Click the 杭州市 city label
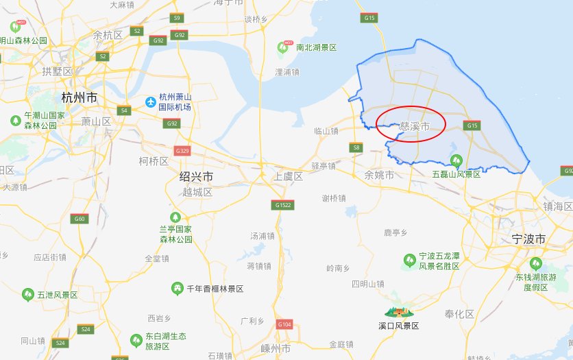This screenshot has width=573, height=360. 80,97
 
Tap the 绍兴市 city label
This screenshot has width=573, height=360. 196,177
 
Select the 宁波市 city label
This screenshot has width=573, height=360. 529,239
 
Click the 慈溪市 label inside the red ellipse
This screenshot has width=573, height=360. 414,127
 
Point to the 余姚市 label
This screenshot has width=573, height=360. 379,176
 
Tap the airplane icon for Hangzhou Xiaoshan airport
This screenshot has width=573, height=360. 150,102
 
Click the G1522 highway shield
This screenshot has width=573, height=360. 283,204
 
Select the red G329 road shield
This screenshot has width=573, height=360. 182,150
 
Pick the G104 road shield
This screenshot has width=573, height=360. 284,324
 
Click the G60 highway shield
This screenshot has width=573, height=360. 80,219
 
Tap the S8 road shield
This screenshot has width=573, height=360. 356,147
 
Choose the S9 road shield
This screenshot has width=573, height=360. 177,18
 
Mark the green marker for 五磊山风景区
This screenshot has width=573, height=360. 455,160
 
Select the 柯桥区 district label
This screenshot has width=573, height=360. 154,161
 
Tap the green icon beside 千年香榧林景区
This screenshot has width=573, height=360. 178,289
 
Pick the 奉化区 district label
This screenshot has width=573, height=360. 459,314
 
